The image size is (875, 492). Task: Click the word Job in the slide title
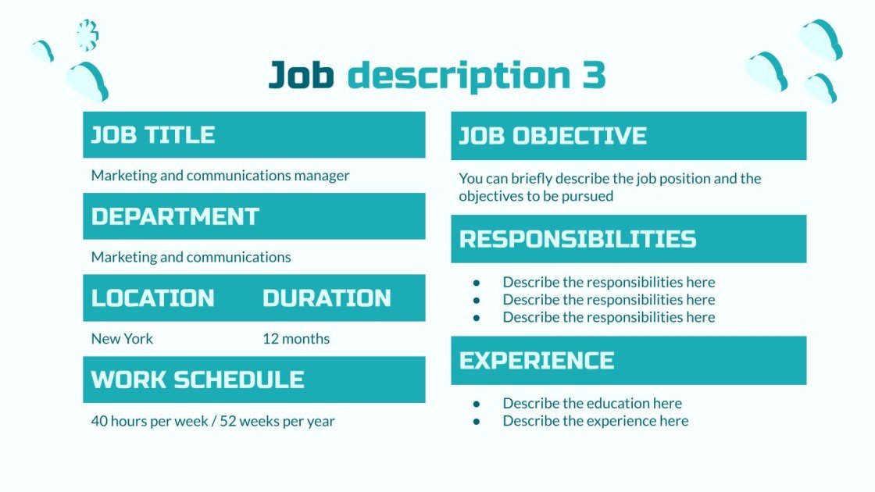302,75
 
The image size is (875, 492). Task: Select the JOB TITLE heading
153,134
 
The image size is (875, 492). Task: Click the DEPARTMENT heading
175,216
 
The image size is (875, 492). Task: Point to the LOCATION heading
153,298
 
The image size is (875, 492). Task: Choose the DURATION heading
327,298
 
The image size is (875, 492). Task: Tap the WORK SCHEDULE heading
198,380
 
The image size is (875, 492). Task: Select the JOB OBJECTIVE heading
552,135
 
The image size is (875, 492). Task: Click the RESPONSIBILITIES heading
577,238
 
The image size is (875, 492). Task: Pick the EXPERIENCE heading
537,360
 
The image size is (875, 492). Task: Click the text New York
122,339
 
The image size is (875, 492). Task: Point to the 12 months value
296,339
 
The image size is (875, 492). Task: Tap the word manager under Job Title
322,176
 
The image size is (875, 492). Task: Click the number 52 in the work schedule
228,421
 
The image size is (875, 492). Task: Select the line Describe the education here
592,404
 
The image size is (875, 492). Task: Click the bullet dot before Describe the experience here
477,422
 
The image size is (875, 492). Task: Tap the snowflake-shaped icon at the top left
87,35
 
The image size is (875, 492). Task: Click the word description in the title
459,75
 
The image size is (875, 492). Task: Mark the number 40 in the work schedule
99,421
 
